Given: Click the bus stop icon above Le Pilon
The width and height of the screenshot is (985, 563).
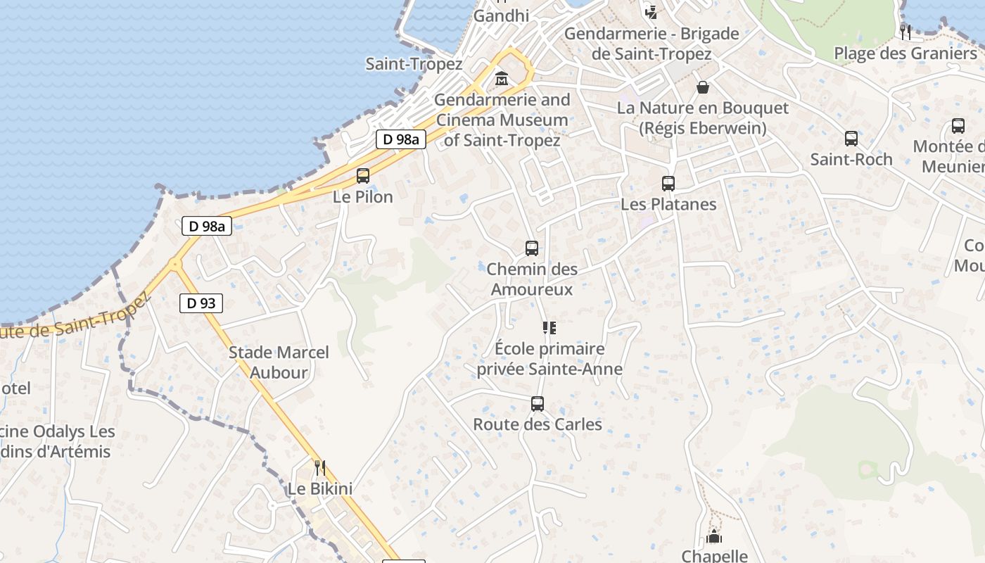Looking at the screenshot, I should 363,176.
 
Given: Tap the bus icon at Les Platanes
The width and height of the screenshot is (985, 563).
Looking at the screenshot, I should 668,184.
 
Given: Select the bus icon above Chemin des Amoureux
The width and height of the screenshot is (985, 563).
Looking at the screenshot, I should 532,248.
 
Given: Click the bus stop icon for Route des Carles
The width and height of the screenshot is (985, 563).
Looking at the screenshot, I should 538,404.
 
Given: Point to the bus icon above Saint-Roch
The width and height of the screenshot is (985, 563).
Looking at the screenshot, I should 851,139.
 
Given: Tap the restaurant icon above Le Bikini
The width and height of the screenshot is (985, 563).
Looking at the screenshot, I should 319,468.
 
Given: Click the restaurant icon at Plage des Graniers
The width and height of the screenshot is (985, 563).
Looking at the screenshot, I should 905,32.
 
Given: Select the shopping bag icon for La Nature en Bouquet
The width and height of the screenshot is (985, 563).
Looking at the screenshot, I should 702,87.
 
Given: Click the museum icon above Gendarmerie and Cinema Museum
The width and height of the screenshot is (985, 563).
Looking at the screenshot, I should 502,79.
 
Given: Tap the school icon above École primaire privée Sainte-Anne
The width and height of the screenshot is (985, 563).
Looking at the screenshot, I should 549,328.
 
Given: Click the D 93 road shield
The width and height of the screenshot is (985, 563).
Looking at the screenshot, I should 201,303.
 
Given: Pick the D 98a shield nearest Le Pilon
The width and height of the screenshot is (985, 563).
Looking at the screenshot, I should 401,139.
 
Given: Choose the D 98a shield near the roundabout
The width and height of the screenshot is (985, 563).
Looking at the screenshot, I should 207,226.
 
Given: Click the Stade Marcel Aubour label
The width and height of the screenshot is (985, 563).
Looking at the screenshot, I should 279,362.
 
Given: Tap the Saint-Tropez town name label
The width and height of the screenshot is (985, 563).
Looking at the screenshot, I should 414,64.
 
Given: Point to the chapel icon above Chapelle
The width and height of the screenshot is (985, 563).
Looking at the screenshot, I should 714,537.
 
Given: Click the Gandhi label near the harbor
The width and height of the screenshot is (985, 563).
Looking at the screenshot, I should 501,15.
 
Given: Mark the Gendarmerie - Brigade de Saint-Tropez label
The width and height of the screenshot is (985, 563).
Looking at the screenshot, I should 652,43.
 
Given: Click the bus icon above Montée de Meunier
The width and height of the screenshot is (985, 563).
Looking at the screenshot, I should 958,126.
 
